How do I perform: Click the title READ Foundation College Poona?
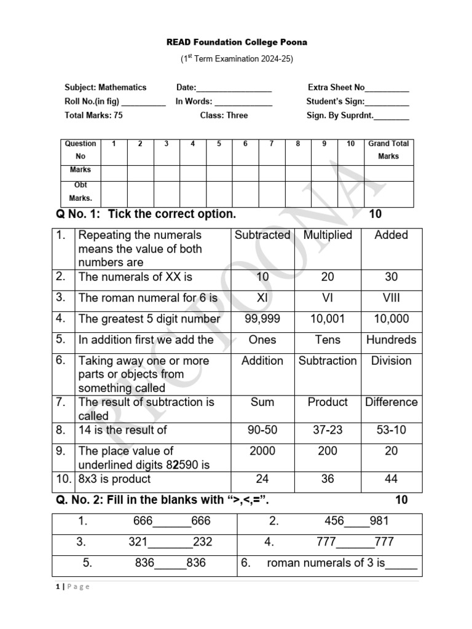point(237,42)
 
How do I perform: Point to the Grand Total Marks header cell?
point(388,150)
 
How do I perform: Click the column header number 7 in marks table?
point(271,144)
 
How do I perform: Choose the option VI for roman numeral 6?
point(328,298)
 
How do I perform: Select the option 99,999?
point(262,319)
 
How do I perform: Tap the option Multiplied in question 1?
point(328,235)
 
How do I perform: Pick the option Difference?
point(391,402)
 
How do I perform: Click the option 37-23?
point(328,430)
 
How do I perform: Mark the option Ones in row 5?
point(262,340)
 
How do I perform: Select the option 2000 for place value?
point(262,451)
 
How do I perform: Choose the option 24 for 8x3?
point(262,479)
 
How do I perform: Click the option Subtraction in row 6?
point(328,361)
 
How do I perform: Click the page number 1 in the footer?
point(57,587)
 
